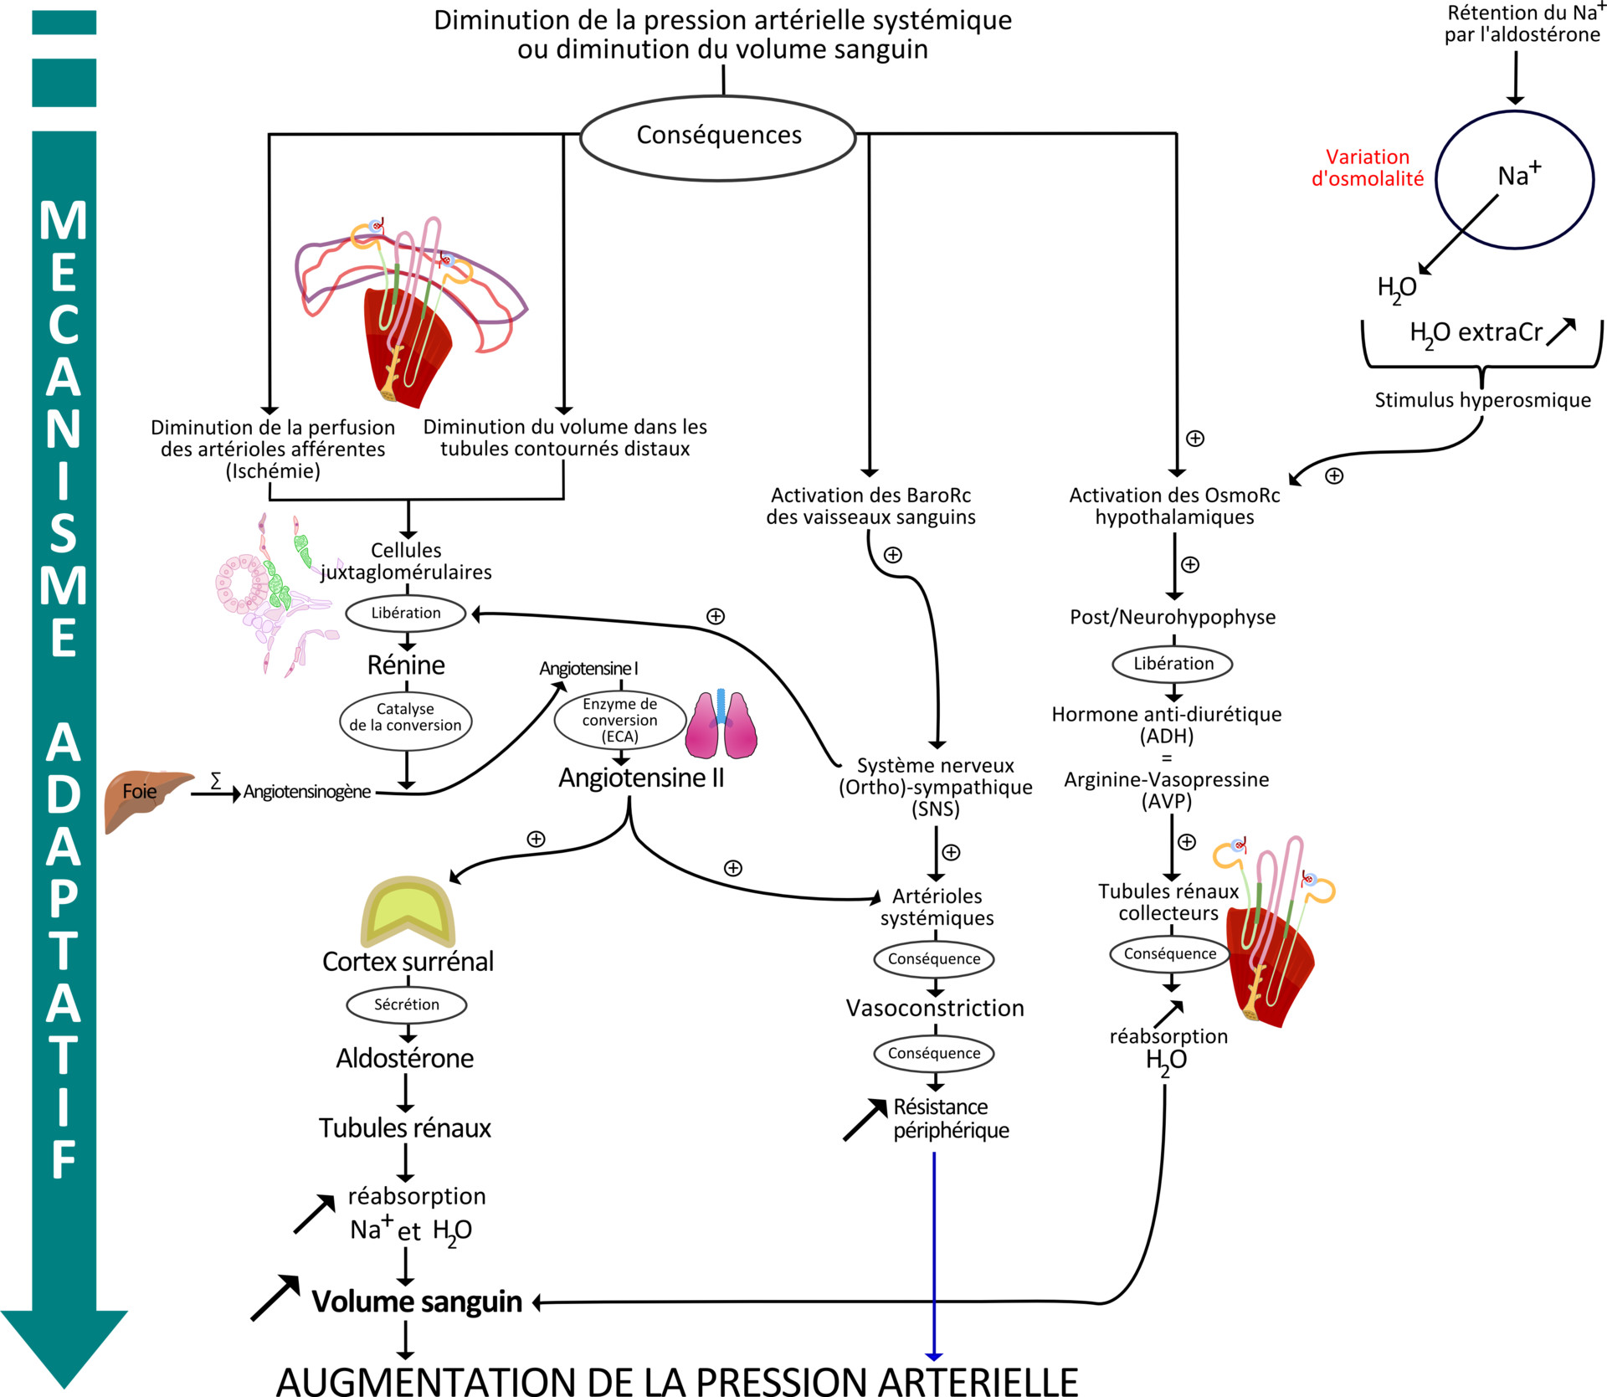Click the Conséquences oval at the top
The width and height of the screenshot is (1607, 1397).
718,136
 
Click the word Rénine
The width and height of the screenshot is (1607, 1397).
406,665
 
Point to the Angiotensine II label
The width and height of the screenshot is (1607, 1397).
641,778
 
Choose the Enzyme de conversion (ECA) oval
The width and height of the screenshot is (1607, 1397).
620,720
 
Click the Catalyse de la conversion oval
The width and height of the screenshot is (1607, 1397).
406,718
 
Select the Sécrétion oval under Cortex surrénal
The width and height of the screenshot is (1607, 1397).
407,1004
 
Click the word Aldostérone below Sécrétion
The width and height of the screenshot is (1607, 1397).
405,1059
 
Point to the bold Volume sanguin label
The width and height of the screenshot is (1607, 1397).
417,1302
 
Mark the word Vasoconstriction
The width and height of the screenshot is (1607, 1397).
935,1009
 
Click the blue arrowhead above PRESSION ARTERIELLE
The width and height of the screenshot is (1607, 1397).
934,1356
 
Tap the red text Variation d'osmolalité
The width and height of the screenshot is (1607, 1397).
1368,168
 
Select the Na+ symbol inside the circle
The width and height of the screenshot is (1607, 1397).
1518,175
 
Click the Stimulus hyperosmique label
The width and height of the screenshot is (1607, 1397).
1482,400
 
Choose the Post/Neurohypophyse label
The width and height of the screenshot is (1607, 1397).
1173,618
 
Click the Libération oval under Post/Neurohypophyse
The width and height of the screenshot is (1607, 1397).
1173,664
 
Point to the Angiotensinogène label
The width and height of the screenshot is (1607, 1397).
307,792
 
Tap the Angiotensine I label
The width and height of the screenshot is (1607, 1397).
588,669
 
